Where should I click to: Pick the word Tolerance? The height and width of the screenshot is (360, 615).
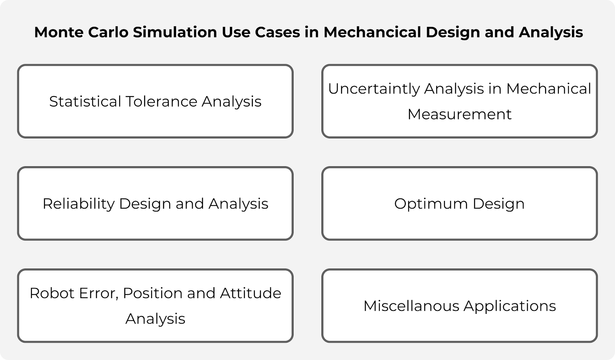(161, 102)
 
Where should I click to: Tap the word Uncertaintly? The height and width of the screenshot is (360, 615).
(373, 89)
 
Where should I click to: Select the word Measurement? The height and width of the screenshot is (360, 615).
(459, 114)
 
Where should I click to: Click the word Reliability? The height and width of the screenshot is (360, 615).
(78, 204)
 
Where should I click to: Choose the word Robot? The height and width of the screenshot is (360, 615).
(52, 293)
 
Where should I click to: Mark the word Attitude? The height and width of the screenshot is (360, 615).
(251, 293)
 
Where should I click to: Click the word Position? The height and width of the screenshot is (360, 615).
(152, 293)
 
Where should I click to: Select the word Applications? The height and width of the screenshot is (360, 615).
(510, 306)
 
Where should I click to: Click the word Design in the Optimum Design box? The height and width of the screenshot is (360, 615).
(498, 204)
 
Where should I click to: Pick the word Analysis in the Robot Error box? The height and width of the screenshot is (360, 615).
(155, 319)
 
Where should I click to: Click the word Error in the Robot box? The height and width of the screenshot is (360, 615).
(99, 293)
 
